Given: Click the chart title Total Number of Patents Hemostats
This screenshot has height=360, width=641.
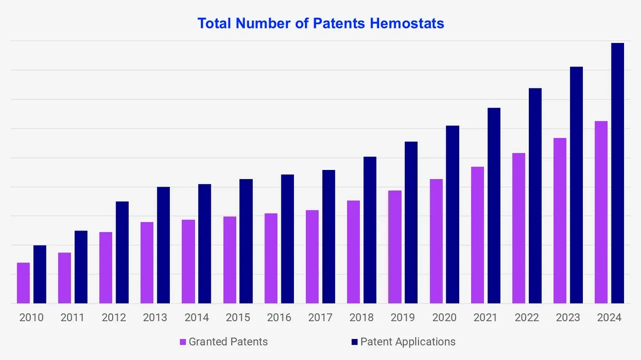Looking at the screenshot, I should pyautogui.click(x=320, y=23).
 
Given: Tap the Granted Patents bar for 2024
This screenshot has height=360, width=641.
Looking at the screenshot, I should pyautogui.click(x=601, y=212).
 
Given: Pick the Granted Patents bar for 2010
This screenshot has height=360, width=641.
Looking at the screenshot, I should pyautogui.click(x=24, y=283).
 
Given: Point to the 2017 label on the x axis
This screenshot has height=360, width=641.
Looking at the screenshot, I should pyautogui.click(x=320, y=317).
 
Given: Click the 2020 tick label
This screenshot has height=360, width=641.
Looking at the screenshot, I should pyautogui.click(x=444, y=317).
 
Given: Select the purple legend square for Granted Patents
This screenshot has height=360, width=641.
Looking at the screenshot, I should pyautogui.click(x=183, y=342).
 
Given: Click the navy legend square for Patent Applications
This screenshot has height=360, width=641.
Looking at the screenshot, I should pyautogui.click(x=355, y=342).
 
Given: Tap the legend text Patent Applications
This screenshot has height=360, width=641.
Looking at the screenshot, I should pyautogui.click(x=408, y=342).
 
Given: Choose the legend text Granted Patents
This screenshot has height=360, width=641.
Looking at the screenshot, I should pyautogui.click(x=228, y=342).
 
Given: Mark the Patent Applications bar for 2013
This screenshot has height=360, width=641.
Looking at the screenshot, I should pyautogui.click(x=164, y=245).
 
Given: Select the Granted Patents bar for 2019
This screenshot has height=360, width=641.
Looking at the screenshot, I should pyautogui.click(x=395, y=247).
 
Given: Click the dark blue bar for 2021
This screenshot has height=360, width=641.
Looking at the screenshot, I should pyautogui.click(x=494, y=205).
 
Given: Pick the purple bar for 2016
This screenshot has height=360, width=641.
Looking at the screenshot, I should pyautogui.click(x=271, y=258).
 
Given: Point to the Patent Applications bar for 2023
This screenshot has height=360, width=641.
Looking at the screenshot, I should pyautogui.click(x=576, y=185).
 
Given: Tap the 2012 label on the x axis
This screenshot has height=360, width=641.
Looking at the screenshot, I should pyautogui.click(x=114, y=317).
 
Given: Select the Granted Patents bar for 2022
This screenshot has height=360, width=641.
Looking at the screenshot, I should pyautogui.click(x=518, y=228).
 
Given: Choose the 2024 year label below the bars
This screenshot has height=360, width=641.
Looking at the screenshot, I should pyautogui.click(x=609, y=317).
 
